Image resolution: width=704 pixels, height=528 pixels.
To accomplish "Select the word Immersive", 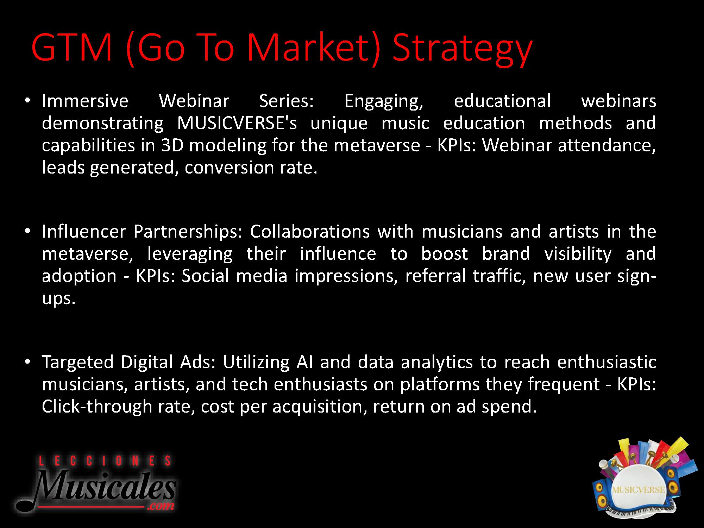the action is pos(85,101).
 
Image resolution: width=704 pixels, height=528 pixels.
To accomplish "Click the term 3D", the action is pos(172,145).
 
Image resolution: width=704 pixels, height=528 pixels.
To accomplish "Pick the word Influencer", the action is pos(84,232).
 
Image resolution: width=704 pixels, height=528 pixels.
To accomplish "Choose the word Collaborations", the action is pos(310,232).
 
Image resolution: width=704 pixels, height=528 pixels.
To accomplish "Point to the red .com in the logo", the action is pos(162,506).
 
